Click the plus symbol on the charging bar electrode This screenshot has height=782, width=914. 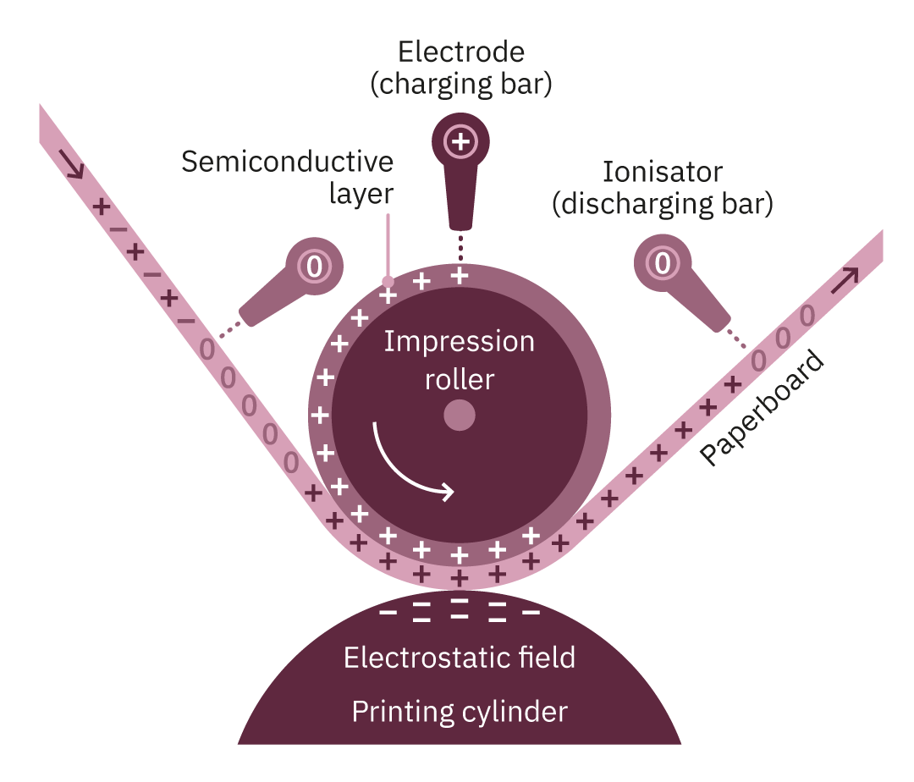pyautogui.click(x=461, y=139)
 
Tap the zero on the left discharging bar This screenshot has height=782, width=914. pyautogui.click(x=314, y=267)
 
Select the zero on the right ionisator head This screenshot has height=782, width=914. pyautogui.click(x=663, y=262)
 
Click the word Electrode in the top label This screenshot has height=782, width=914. pyautogui.click(x=461, y=52)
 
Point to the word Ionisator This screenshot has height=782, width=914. pyautogui.click(x=663, y=173)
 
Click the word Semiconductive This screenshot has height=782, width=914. pyautogui.click(x=289, y=161)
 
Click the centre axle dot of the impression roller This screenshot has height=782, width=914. pyautogui.click(x=460, y=415)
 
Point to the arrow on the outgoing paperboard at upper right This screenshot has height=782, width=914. pyautogui.click(x=844, y=279)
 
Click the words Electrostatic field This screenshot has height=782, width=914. pyautogui.click(x=460, y=658)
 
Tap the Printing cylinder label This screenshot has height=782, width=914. pyautogui.click(x=460, y=712)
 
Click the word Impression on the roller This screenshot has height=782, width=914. pyautogui.click(x=460, y=343)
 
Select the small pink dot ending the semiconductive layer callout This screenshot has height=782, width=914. pyautogui.click(x=388, y=281)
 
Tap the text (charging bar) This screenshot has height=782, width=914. pyautogui.click(x=461, y=85)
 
